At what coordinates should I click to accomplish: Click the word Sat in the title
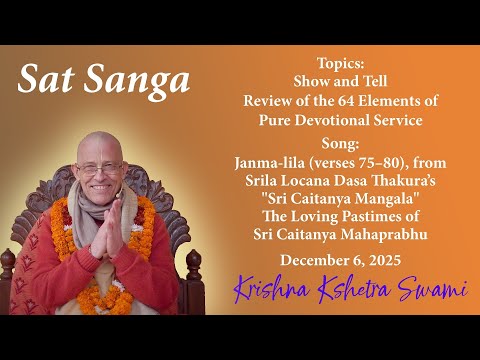click(x=47, y=80)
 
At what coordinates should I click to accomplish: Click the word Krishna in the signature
click(x=270, y=290)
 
